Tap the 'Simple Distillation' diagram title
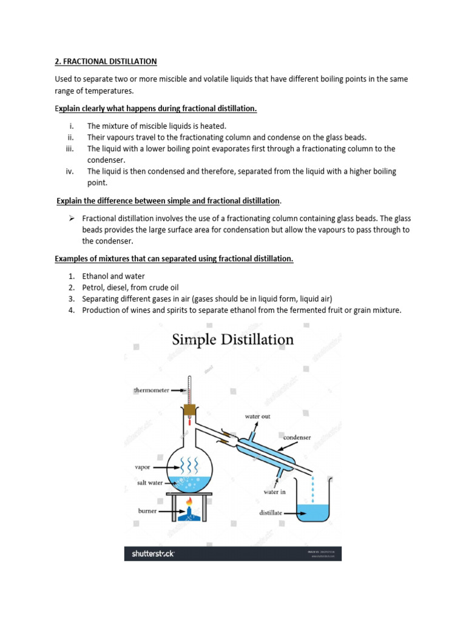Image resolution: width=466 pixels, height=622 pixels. point(233,340)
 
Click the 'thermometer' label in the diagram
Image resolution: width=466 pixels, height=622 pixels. point(151,391)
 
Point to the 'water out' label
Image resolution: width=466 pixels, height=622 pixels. point(258,417)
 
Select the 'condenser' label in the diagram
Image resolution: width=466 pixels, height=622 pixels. point(297,437)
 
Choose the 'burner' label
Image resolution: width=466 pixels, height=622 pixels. point(147,511)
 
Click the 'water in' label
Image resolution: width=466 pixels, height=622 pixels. point(274,491)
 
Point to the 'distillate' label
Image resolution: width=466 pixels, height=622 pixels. point(271,513)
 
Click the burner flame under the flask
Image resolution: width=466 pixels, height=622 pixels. point(190,503)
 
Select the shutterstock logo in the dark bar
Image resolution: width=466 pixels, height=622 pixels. point(154,553)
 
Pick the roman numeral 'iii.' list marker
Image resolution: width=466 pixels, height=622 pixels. point(70,149)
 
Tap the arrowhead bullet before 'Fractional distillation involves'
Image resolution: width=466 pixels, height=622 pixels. point(70,218)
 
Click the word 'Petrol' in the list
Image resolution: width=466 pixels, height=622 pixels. point(93,287)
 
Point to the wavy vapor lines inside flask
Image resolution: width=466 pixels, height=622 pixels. point(189,465)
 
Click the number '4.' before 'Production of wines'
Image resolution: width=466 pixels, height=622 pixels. point(70,310)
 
